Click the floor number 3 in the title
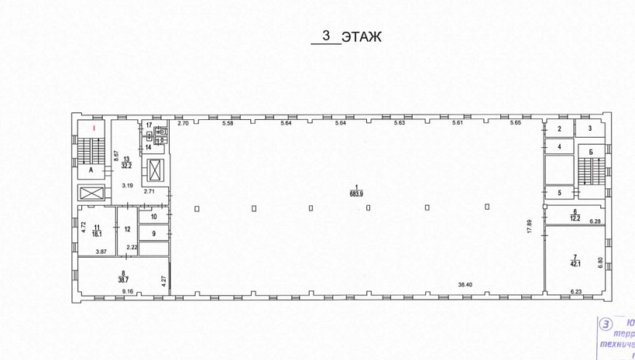(x=326, y=35)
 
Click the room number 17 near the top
(x=149, y=124)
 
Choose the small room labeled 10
(x=153, y=217)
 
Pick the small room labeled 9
(x=153, y=233)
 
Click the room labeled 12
(x=127, y=228)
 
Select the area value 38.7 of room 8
(x=122, y=276)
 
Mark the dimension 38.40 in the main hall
(x=465, y=284)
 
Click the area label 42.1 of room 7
(x=575, y=262)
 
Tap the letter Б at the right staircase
(x=590, y=154)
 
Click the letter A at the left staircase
(x=91, y=168)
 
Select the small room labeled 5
(x=558, y=193)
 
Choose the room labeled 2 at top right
(x=558, y=129)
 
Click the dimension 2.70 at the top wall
(x=183, y=124)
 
